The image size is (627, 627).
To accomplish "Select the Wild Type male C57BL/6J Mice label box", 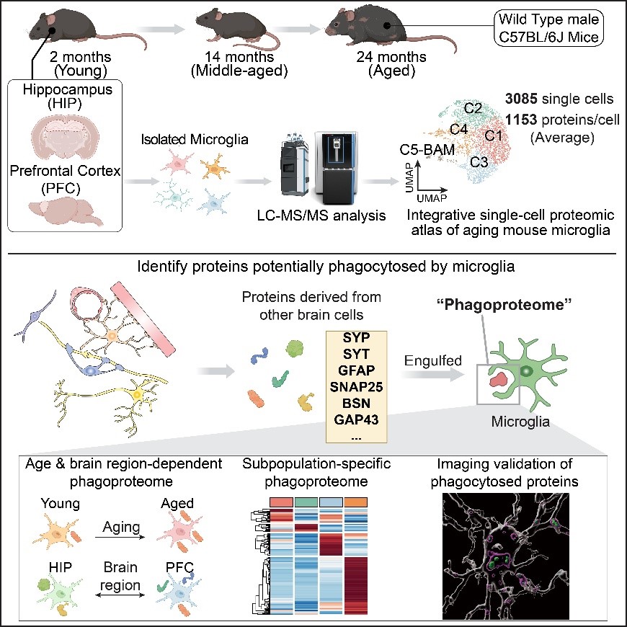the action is (x=548, y=28).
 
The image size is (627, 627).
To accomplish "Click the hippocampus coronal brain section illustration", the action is (x=65, y=137).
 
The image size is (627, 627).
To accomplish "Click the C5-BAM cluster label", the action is (x=427, y=150).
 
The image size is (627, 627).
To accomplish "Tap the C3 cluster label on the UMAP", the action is (x=479, y=162).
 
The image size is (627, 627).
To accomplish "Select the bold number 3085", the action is (x=521, y=98).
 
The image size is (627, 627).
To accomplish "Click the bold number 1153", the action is (x=521, y=119).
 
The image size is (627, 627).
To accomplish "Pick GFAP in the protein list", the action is (x=356, y=370).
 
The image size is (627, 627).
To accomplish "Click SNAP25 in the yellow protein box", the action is (x=356, y=387).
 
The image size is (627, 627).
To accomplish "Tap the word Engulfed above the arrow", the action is (x=432, y=360).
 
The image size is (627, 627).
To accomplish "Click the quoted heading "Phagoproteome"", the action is (x=504, y=305).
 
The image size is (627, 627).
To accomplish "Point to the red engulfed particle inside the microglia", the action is (x=498, y=378).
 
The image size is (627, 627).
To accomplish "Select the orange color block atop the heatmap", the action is (x=355, y=502).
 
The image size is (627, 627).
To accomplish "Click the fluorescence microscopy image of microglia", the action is (x=506, y=556).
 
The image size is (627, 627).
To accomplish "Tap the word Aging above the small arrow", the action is (x=121, y=527).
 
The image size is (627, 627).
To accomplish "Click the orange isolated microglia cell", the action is (x=215, y=166).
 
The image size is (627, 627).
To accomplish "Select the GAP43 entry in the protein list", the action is (x=356, y=419).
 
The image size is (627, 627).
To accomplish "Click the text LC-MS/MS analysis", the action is (x=321, y=215).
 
